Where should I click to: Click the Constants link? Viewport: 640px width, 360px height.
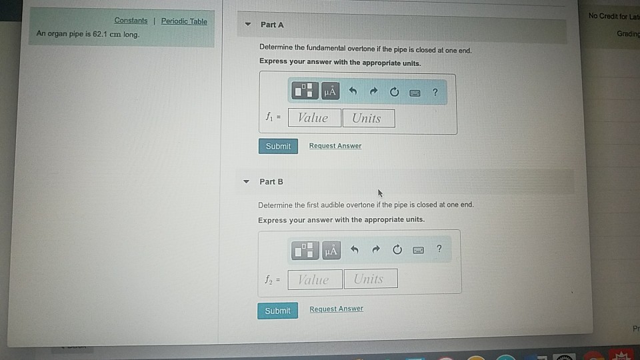click(x=131, y=21)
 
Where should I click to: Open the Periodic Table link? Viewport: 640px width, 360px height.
click(x=184, y=21)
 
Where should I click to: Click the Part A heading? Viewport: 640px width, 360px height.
click(x=272, y=25)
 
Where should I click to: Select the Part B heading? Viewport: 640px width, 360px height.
click(x=271, y=181)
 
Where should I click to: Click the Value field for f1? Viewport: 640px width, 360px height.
click(x=314, y=118)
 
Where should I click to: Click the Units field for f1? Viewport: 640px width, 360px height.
click(x=368, y=118)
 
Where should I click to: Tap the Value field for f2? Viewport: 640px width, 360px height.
click(x=315, y=279)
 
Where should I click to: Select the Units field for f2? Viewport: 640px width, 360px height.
click(x=371, y=279)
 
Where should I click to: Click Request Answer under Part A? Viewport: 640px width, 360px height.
click(x=335, y=146)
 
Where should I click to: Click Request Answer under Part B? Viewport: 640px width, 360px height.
click(x=337, y=309)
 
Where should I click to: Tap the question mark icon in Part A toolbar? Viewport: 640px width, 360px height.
click(x=435, y=92)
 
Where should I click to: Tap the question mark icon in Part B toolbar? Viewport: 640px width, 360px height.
click(x=439, y=249)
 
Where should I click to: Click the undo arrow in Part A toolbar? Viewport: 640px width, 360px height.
click(x=353, y=92)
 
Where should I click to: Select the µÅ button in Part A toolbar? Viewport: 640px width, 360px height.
click(x=330, y=91)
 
